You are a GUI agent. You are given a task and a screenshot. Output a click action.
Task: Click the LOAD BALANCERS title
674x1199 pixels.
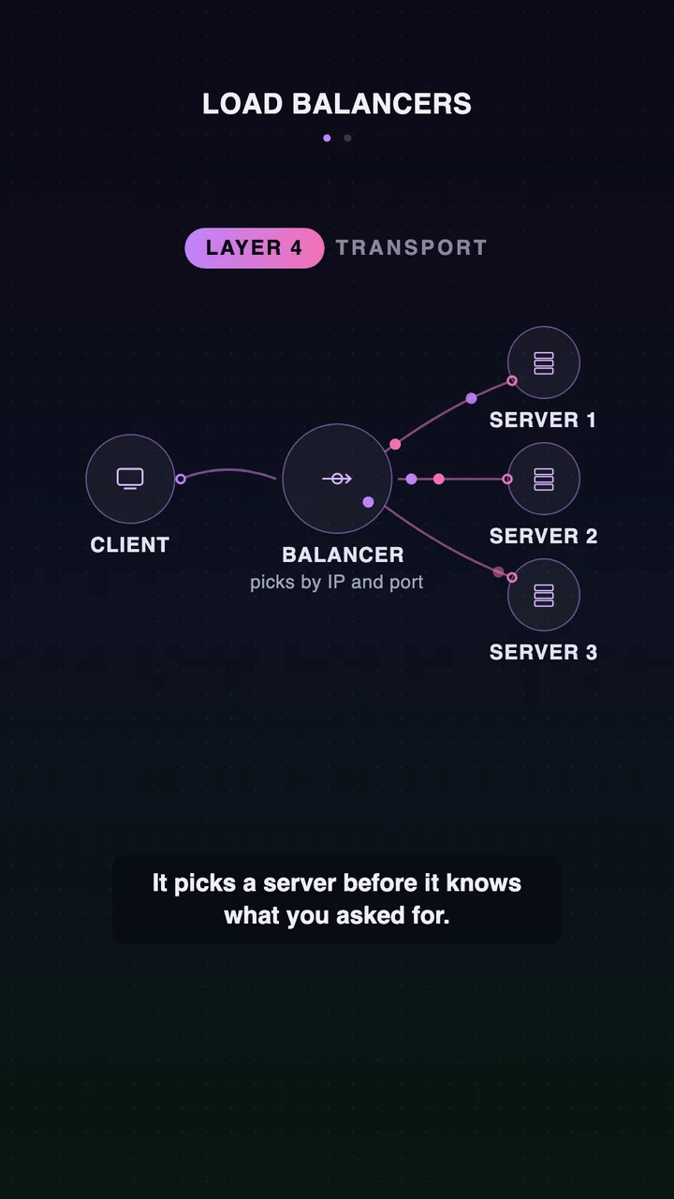tap(337, 104)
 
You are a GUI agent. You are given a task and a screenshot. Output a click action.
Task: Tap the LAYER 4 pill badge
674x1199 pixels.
tap(254, 248)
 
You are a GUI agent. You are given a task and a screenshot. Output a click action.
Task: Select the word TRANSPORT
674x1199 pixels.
tap(411, 248)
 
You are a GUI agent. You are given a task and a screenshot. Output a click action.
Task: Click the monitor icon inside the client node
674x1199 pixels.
tap(130, 479)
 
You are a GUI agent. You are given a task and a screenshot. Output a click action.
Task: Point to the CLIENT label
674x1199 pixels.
tap(130, 545)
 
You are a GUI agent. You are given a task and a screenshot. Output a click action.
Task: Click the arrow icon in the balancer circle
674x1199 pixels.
tap(337, 479)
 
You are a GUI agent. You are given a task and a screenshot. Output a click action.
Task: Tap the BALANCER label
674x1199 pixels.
tap(343, 555)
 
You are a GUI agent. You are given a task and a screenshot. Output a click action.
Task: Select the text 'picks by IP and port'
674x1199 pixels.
tap(336, 583)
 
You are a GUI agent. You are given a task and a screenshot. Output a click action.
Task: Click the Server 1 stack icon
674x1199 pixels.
tap(544, 363)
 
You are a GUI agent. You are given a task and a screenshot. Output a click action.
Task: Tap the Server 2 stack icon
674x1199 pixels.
tap(544, 479)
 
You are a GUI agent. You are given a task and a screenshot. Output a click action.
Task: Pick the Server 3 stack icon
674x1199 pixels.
tap(544, 595)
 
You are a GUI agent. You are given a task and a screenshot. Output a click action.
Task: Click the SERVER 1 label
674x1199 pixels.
tap(543, 421)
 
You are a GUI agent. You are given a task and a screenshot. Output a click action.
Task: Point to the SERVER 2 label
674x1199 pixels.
tap(544, 537)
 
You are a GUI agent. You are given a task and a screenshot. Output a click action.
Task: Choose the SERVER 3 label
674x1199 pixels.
tap(544, 653)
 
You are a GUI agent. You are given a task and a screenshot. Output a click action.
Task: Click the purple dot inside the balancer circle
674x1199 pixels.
tap(368, 502)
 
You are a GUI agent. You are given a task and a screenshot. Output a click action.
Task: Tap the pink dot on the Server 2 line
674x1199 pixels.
tap(439, 479)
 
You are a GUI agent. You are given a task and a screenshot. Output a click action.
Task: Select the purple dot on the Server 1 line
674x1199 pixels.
tap(471, 398)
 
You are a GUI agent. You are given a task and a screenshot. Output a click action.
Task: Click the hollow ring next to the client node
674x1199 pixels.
tap(181, 479)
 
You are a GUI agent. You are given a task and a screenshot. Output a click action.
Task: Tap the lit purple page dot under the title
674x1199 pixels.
tap(327, 138)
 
